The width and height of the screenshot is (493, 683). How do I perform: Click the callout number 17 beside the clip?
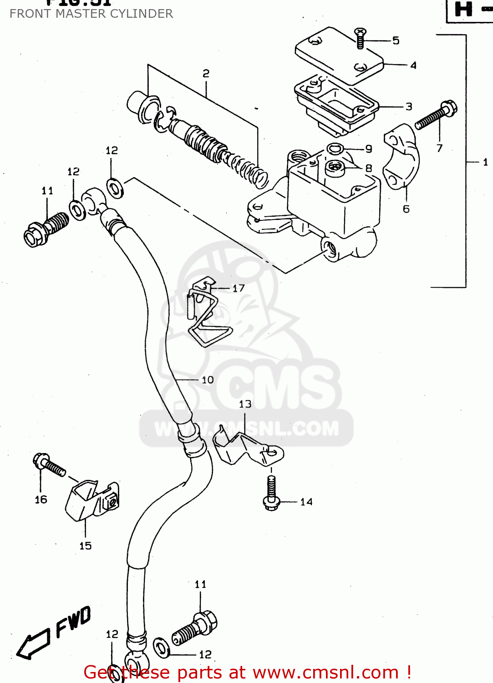[x=239, y=288]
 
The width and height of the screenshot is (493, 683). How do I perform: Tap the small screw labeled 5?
[x=360, y=38]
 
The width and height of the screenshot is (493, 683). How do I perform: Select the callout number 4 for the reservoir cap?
[x=413, y=65]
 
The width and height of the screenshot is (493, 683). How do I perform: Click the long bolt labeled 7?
[x=436, y=115]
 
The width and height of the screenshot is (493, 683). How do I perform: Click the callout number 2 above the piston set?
[x=206, y=73]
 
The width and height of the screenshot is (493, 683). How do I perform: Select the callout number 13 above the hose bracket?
[x=245, y=404]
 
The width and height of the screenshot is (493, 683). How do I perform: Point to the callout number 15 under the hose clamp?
[x=85, y=545]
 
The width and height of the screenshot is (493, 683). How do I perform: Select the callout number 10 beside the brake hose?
[x=208, y=380]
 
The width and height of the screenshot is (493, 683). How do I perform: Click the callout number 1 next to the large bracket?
[x=485, y=162]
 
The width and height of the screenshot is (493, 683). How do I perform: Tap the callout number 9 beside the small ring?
[x=369, y=149]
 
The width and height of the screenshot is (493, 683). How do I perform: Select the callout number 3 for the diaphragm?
[x=409, y=107]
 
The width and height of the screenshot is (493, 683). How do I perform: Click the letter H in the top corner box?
[x=464, y=9]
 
